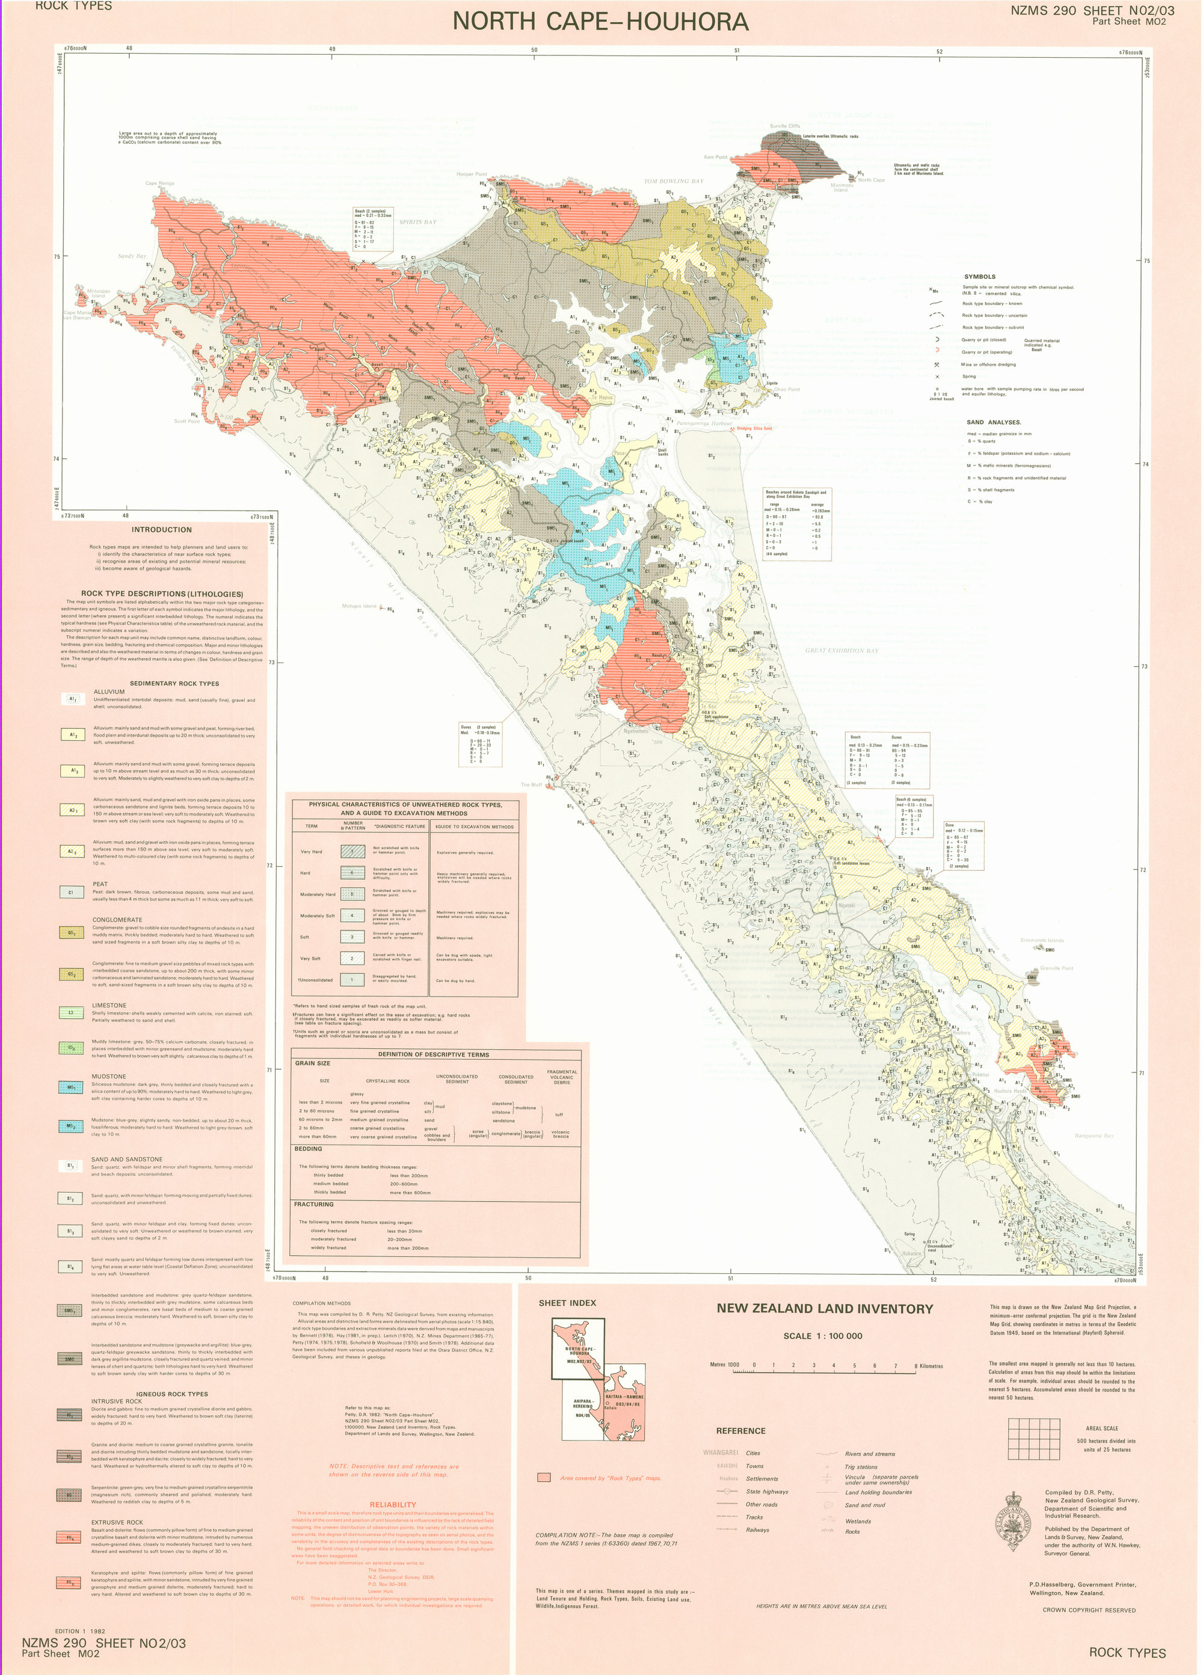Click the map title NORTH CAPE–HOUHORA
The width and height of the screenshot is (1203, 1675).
tap(600, 22)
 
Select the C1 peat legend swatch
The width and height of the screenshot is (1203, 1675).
tap(72, 892)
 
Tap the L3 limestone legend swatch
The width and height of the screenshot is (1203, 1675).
tap(72, 1013)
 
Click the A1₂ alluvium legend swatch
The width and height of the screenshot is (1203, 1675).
tap(72, 735)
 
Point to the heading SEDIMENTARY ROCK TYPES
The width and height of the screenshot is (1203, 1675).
tap(174, 683)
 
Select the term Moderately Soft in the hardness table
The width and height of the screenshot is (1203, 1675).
tap(317, 916)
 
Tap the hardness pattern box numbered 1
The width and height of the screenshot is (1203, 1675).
tap(353, 979)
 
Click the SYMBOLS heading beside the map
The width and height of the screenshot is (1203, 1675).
tap(979, 276)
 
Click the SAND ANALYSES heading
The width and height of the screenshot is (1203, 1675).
tap(993, 422)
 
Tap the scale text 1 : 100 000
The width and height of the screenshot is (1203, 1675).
tap(823, 1335)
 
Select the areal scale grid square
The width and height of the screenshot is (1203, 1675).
tap(1035, 1439)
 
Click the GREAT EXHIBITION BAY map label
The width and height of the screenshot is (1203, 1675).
tap(842, 651)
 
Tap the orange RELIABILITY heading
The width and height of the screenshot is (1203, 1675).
tap(392, 1504)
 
